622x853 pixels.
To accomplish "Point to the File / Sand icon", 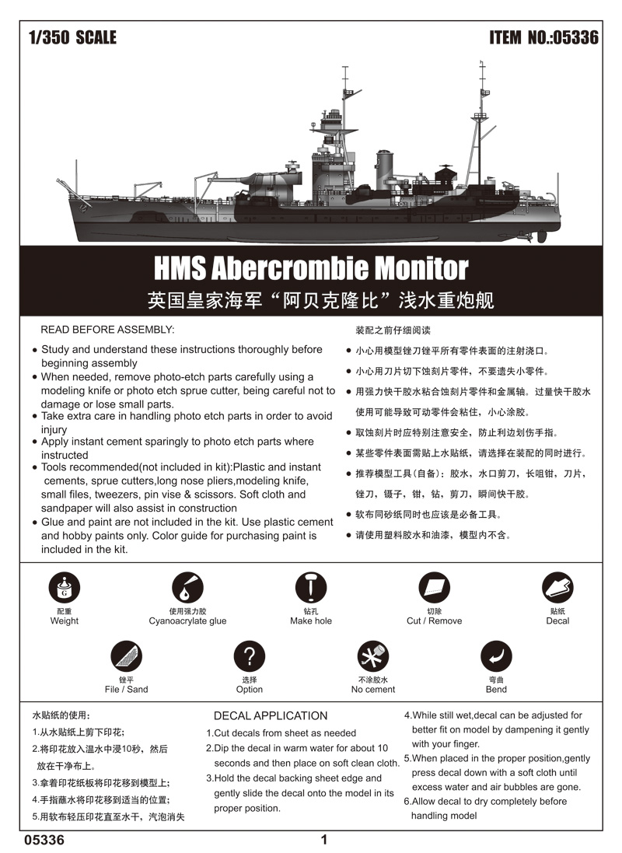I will pyautogui.click(x=126, y=656).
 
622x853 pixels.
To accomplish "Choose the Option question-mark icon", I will pyautogui.click(x=250, y=656).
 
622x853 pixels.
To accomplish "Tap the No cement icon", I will pyautogui.click(x=373, y=656).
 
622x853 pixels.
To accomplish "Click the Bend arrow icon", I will pyautogui.click(x=496, y=656).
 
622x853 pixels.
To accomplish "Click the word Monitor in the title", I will pyautogui.click(x=422, y=268).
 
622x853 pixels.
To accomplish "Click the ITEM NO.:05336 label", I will pyautogui.click(x=543, y=37).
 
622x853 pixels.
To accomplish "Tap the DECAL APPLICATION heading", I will pyautogui.click(x=271, y=715).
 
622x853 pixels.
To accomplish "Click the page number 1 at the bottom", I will pyautogui.click(x=324, y=840).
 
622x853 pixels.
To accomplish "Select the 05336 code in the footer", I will pyautogui.click(x=44, y=840).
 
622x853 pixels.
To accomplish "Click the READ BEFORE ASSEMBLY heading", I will pyautogui.click(x=107, y=330).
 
